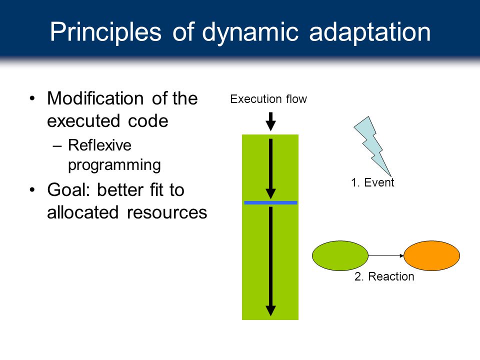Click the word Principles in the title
tap(105, 32)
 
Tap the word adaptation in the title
tap(370, 32)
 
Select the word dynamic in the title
tap(250, 32)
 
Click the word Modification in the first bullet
tap(95, 98)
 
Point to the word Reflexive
tap(99, 145)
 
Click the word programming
tap(114, 165)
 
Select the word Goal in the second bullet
tap(69, 190)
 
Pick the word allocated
tap(82, 212)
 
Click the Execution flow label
tap(268, 99)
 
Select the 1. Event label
tap(372, 182)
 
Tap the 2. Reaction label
tap(384, 276)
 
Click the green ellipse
tap(340, 255)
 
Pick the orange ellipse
tap(431, 255)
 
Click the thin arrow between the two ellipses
tap(386, 255)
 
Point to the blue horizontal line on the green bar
tap(270, 202)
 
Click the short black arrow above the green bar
tap(270, 121)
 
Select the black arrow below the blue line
tap(270, 261)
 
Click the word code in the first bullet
tap(148, 121)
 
